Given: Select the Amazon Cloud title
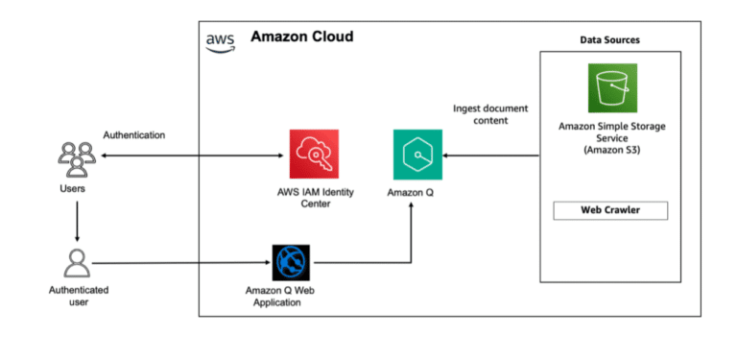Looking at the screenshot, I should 301,36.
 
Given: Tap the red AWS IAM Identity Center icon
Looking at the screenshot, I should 315,154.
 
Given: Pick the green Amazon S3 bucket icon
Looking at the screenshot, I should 613,88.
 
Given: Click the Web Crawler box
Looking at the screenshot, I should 611,210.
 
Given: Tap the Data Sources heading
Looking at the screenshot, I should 610,39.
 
